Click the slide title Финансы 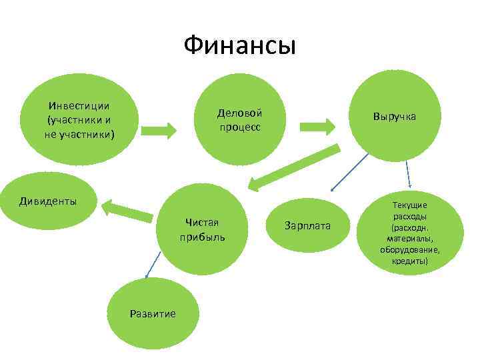coord(239,46)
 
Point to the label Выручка coord(394,116)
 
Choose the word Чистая coord(202,222)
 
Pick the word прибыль coord(202,237)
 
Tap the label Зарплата coord(307,225)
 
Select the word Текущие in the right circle coord(410,206)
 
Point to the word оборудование coord(410,249)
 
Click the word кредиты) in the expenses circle coord(410,261)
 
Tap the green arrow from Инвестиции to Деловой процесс coord(158,127)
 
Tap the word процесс coord(239,127)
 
